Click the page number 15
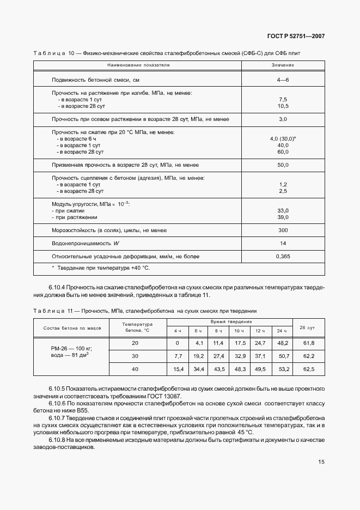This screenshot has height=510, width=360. coord(321,462)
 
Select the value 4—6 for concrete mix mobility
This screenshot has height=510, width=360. coord(283,80)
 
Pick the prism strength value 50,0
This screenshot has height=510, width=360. coord(283,165)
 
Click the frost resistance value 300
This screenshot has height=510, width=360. coord(283,230)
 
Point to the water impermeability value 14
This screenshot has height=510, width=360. coord(283,243)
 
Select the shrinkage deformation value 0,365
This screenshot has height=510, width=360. coord(283,256)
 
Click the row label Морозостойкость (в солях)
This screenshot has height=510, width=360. coord(108,230)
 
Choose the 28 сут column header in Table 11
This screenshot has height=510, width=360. coord(308,327)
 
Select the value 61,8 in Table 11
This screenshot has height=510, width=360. coord(308,343)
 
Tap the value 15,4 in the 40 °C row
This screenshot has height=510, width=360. coord(178,369)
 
